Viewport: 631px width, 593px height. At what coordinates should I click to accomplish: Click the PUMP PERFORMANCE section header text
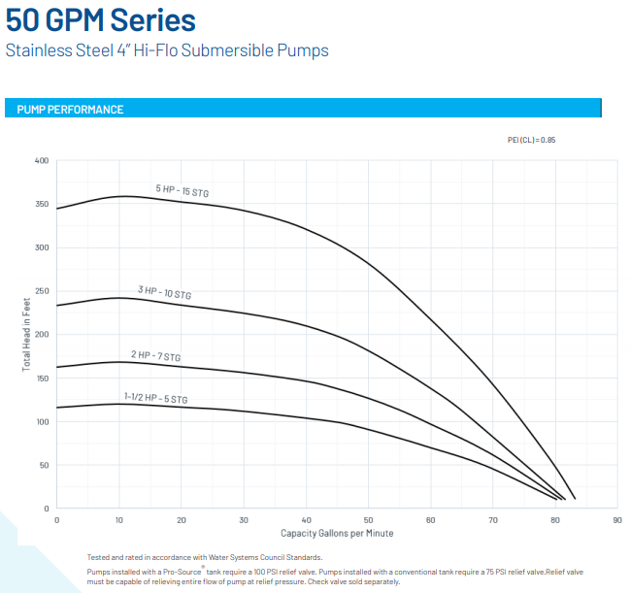pyautogui.click(x=70, y=110)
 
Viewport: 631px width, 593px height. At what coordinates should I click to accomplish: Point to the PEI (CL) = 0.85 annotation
pyautogui.click(x=531, y=140)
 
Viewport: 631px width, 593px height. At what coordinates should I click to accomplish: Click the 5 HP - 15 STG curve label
pyautogui.click(x=182, y=191)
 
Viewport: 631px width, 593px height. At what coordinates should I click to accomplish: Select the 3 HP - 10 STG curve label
pyautogui.click(x=164, y=291)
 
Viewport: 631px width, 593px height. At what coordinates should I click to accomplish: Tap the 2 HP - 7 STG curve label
pyautogui.click(x=155, y=356)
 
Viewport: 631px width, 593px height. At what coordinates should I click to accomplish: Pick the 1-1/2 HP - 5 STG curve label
pyautogui.click(x=155, y=398)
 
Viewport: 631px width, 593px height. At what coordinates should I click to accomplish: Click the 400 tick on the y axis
pyautogui.click(x=42, y=160)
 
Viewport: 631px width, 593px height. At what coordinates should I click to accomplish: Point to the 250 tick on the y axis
pyautogui.click(x=42, y=291)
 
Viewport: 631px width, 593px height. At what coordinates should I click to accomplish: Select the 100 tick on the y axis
pyautogui.click(x=42, y=421)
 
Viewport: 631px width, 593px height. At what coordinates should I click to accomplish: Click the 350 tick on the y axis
pyautogui.click(x=42, y=204)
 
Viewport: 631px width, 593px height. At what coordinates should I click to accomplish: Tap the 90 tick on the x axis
pyautogui.click(x=617, y=520)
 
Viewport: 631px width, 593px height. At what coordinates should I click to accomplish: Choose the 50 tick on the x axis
pyautogui.click(x=368, y=520)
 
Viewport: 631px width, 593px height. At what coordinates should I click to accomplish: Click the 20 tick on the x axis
pyautogui.click(x=182, y=520)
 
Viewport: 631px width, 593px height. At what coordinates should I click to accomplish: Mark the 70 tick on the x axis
pyautogui.click(x=493, y=520)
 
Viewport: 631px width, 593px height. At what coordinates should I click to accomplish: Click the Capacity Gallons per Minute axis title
pyautogui.click(x=337, y=534)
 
